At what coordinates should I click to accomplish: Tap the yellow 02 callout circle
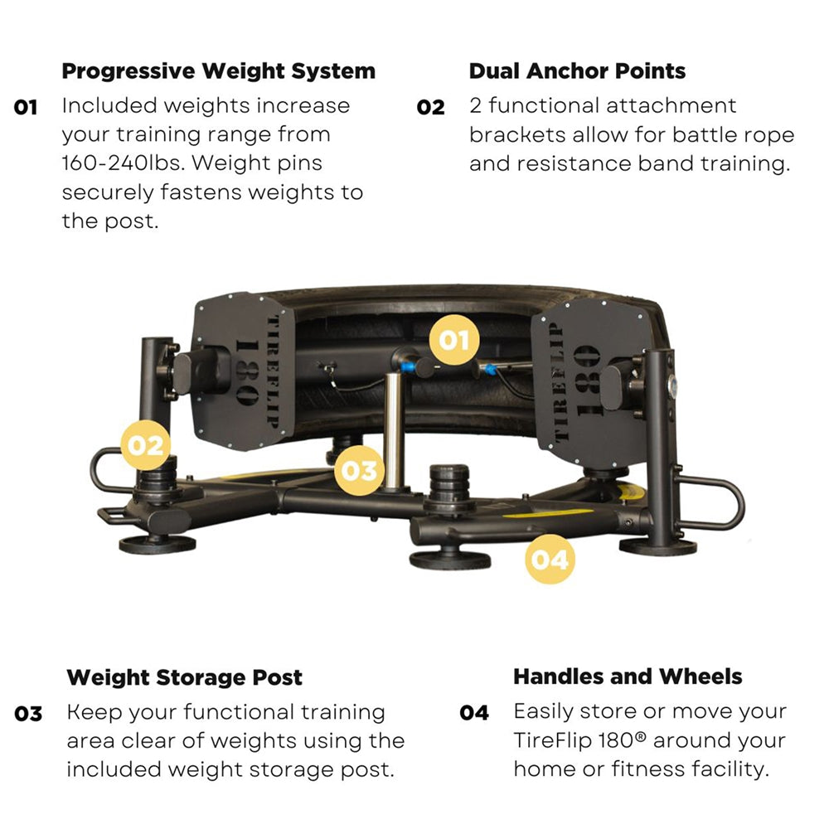pyautogui.click(x=146, y=444)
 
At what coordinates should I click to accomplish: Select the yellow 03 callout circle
pyautogui.click(x=358, y=470)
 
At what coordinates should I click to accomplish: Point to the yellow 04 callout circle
pyautogui.click(x=550, y=560)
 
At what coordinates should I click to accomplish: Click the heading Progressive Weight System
pyautogui.click(x=218, y=71)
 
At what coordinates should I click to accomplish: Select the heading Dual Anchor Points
pyautogui.click(x=577, y=71)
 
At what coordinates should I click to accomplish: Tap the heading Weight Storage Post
pyautogui.click(x=184, y=677)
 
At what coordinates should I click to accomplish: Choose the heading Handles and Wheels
pyautogui.click(x=628, y=676)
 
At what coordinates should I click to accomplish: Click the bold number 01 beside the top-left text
pyautogui.click(x=27, y=108)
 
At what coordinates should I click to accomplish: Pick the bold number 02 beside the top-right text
pyautogui.click(x=431, y=108)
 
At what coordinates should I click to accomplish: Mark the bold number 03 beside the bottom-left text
pyautogui.click(x=29, y=714)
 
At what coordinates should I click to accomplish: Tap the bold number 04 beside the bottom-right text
pyautogui.click(x=474, y=713)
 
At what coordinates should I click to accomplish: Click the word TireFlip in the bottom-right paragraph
pyautogui.click(x=550, y=740)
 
